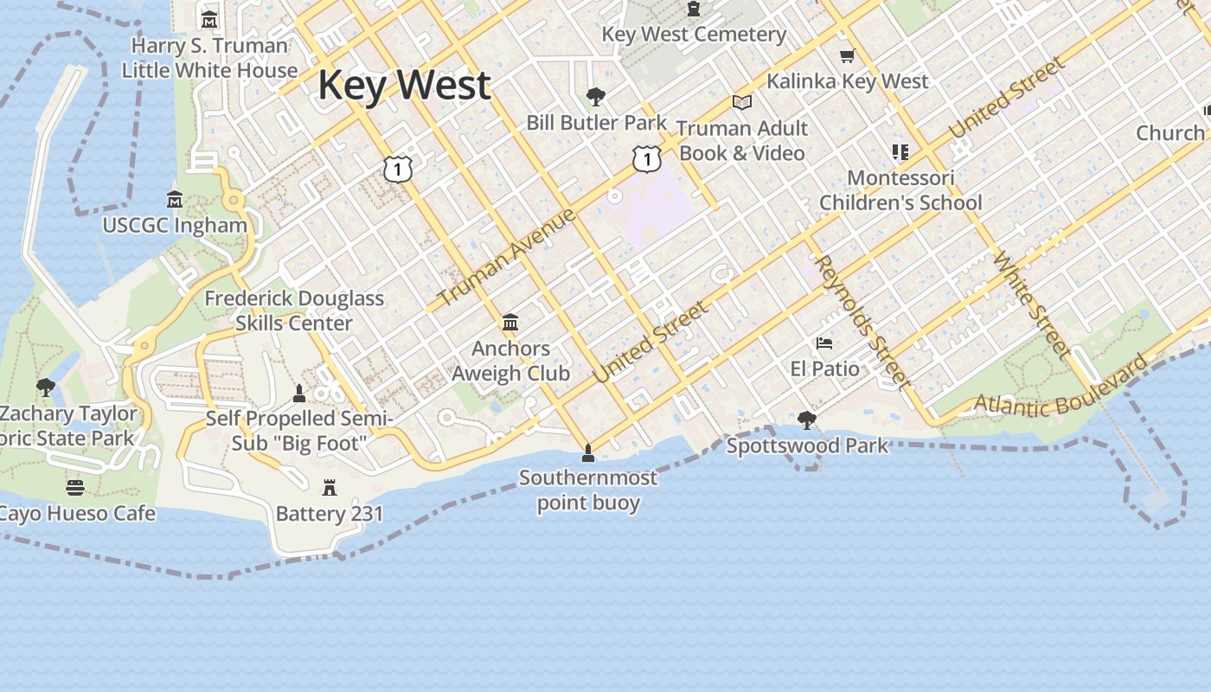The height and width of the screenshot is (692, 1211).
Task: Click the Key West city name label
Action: pos(404,86)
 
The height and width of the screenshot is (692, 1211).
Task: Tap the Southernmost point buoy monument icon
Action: pos(588,452)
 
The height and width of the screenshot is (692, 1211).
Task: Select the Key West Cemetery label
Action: pos(694,35)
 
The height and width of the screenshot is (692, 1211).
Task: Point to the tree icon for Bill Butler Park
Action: pos(595,96)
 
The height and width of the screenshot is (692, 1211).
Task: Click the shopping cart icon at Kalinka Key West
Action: pos(847,56)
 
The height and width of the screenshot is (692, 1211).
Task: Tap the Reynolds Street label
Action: pos(862,322)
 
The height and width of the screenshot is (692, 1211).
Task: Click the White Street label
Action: pos(1032,304)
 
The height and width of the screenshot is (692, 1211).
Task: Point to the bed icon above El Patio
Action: pos(824,343)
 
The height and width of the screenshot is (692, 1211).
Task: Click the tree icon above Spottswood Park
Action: pos(807,420)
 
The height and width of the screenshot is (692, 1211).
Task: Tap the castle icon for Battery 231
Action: pos(330,488)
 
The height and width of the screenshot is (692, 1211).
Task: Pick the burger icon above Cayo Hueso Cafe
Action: pos(75,488)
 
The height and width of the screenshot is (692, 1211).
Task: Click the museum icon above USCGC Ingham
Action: pos(175,200)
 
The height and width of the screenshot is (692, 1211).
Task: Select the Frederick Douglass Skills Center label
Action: pos(294,311)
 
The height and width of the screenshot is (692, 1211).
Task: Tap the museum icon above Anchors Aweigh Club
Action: pos(510,323)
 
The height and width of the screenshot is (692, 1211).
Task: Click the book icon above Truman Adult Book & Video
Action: pos(742,102)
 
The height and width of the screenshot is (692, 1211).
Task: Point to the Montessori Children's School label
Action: pos(900,190)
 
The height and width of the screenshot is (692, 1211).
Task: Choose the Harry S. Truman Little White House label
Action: pos(209,58)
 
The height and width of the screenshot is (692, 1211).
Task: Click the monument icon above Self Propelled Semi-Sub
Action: pos(299,394)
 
